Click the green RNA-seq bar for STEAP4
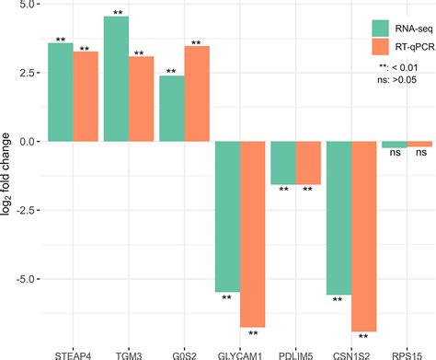point(60,92)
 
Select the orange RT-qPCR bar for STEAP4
point(86,97)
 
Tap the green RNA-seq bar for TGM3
point(116,79)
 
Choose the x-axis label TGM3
point(128,351)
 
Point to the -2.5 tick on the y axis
point(22,210)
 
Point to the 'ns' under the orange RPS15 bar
point(420,157)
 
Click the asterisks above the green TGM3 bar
point(116,13)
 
